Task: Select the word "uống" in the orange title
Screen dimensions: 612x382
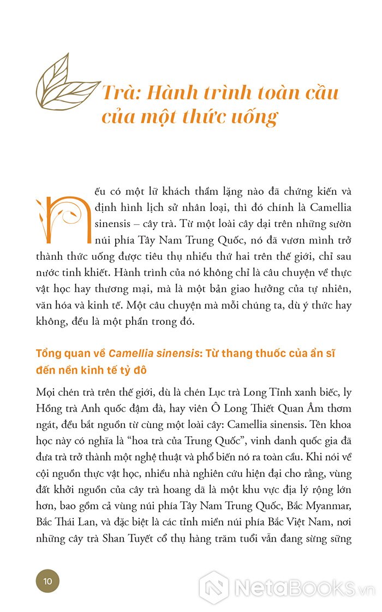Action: pos(254,117)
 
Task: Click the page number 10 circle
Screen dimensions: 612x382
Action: pos(47,581)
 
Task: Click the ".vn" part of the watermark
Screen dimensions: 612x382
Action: pos(365,590)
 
